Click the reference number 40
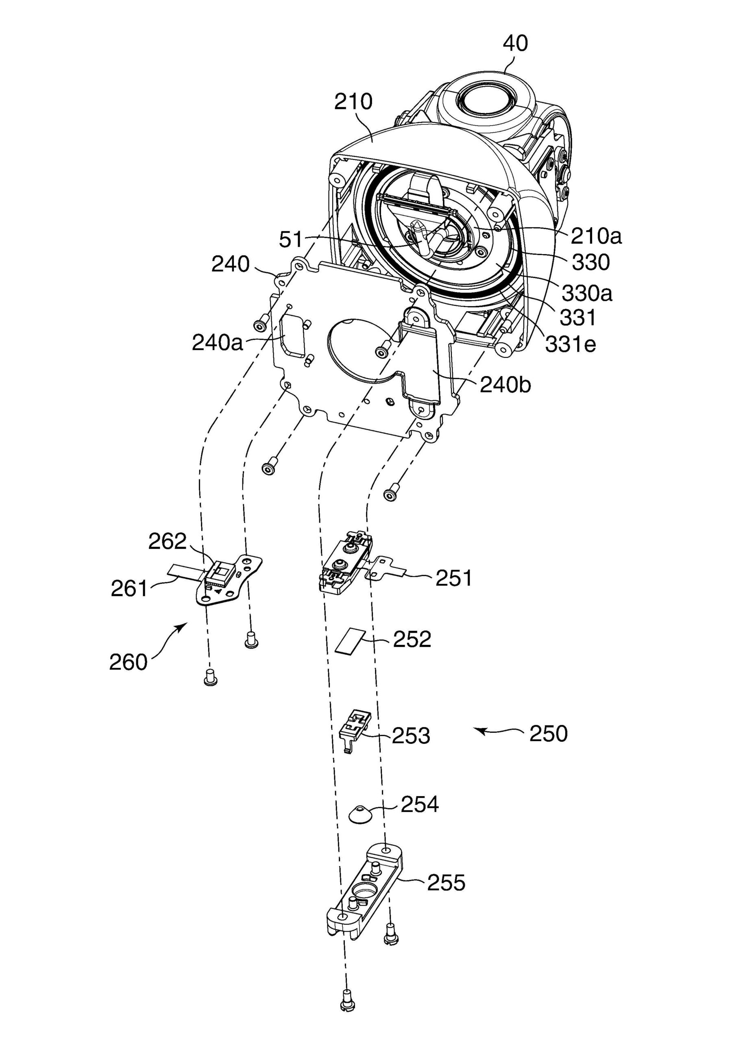click(515, 44)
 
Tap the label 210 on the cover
click(353, 102)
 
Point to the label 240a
click(217, 343)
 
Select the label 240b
click(505, 385)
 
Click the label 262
click(167, 541)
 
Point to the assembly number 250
click(548, 734)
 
